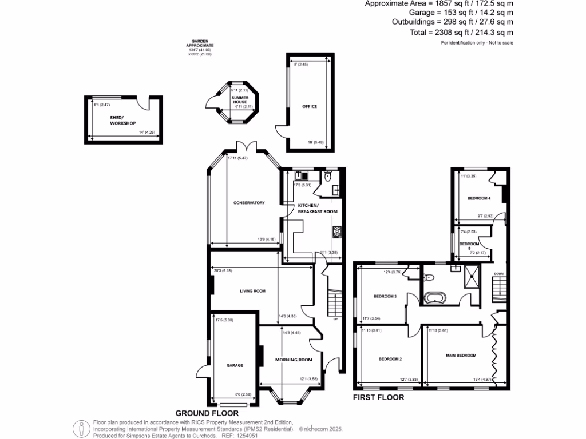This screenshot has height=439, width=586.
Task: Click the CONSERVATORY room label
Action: coord(248,203)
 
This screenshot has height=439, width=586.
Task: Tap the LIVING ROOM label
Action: coord(252,291)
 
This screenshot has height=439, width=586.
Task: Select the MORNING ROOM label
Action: coord(294,360)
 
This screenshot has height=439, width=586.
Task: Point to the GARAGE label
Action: coord(235,365)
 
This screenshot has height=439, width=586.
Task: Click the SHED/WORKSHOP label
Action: coord(122,120)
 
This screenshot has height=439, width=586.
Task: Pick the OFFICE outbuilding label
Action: coord(310,106)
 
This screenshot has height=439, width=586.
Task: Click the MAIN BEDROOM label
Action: coord(461,356)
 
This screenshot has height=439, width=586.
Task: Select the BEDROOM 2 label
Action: coord(390,359)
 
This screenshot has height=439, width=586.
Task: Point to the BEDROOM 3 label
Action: coord(385,296)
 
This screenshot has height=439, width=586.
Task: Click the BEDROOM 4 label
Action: coord(478,198)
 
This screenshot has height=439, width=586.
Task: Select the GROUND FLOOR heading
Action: coord(203,413)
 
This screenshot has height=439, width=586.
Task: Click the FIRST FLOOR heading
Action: coord(378,397)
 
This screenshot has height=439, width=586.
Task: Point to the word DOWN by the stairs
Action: coord(498,274)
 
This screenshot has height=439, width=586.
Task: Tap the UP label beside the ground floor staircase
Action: coord(335,319)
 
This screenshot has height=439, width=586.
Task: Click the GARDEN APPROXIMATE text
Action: coord(203,45)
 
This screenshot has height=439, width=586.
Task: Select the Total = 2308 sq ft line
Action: coord(461,33)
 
